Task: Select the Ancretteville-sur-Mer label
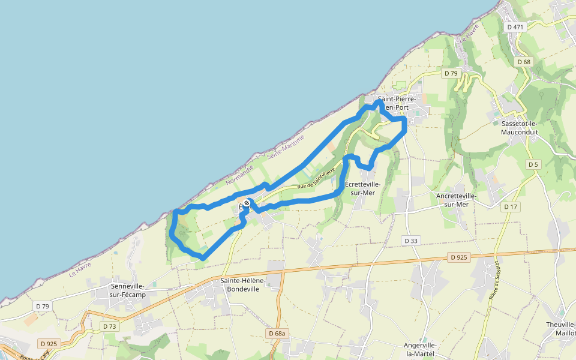[457, 200]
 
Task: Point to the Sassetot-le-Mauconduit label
[520, 127]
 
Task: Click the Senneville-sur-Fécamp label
[128, 290]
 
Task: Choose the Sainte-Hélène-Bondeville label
[239, 284]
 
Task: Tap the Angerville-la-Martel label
[420, 349]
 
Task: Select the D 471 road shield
[515, 27]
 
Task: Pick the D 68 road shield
[524, 62]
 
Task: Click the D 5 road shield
[533, 164]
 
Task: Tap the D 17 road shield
[511, 206]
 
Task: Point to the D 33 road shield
[411, 241]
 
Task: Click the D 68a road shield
[278, 333]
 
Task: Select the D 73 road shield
[109, 326]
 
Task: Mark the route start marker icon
[247, 203]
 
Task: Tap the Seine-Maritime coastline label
[287, 147]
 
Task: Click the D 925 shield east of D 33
[458, 257]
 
